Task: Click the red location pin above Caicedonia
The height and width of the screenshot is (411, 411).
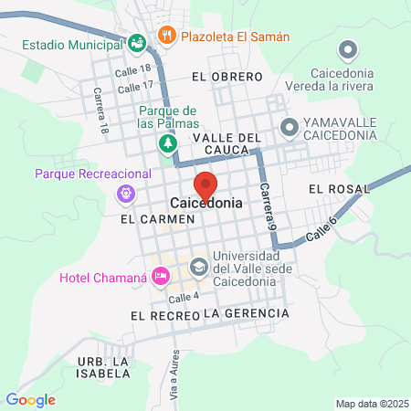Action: (205, 184)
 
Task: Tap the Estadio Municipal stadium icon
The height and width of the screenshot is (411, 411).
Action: (136, 42)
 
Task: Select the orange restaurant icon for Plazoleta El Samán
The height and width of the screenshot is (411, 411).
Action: (165, 37)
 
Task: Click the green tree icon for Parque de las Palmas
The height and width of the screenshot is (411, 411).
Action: (166, 142)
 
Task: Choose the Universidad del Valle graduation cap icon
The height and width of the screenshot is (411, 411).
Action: (197, 268)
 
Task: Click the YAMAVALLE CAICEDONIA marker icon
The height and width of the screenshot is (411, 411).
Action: (289, 127)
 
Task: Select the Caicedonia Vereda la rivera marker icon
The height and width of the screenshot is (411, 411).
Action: (346, 50)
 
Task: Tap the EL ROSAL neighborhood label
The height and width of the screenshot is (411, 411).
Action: (338, 189)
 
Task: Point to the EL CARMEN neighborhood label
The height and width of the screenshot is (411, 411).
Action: (158, 220)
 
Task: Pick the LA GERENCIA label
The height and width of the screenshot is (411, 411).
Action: (246, 313)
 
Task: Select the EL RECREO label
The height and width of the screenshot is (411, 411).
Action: (164, 315)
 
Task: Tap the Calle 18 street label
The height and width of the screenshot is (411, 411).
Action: (132, 69)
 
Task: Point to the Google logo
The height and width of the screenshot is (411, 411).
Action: (30, 399)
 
